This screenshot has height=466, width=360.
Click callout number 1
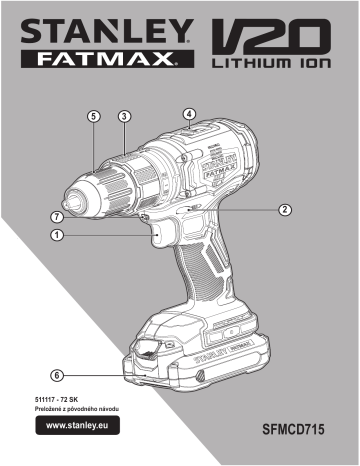click(x=58, y=235)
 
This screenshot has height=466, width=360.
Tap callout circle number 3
click(x=123, y=116)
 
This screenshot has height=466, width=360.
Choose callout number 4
click(x=190, y=114)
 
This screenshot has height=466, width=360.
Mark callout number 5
click(x=93, y=116)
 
